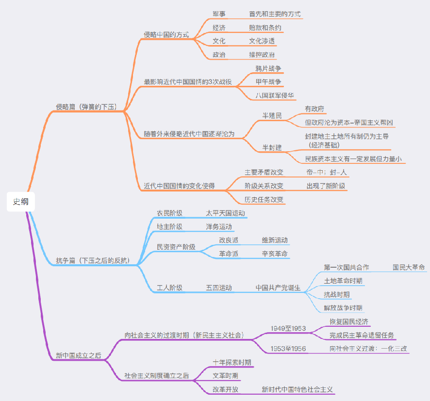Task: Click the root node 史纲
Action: click(21, 202)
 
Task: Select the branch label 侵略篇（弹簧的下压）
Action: click(86, 107)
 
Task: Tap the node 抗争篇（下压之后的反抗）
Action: click(93, 260)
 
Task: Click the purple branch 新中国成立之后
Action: click(79, 355)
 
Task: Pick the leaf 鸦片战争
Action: click(268, 69)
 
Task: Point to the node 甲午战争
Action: click(268, 82)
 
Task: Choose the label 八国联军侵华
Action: click(275, 96)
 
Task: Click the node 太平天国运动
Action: click(225, 213)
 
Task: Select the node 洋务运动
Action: click(219, 226)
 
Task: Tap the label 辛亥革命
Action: click(275, 254)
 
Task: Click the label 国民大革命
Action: click(409, 267)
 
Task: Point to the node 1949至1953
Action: click(288, 328)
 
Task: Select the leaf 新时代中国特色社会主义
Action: click(297, 389)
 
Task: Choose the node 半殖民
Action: click(272, 116)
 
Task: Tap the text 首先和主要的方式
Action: click(275, 14)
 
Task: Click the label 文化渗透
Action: click(262, 41)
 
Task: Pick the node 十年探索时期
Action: click(232, 362)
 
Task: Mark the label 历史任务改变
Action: click(264, 199)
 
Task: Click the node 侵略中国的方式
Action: click(166, 34)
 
